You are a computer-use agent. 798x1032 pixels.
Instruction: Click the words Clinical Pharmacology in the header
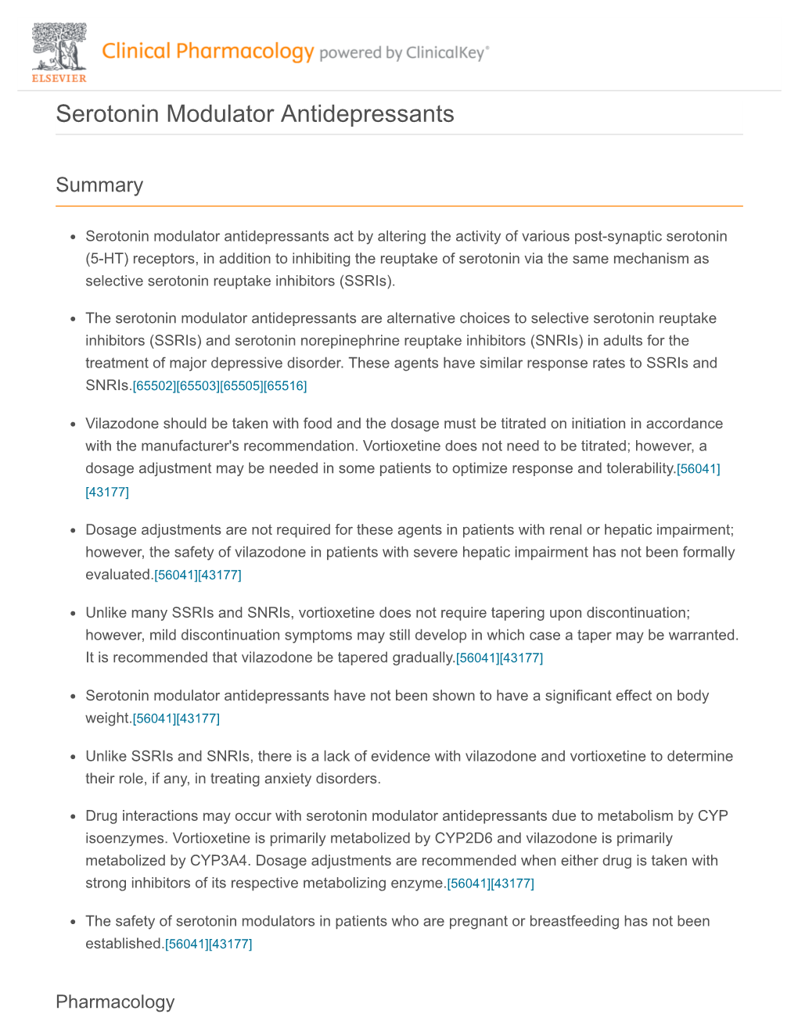tap(207, 52)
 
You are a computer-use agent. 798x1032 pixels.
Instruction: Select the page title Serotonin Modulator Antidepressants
tap(255, 114)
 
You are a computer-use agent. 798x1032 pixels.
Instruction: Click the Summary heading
tap(99, 185)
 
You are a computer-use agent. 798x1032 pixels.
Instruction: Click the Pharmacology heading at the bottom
tap(115, 1002)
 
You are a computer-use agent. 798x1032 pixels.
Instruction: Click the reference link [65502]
tap(154, 386)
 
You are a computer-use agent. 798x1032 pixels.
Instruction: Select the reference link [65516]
tap(286, 386)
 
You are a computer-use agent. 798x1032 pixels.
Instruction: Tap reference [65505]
tap(242, 386)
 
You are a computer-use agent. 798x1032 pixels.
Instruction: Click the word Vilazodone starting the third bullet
tap(119, 424)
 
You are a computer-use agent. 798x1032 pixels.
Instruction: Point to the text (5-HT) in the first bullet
tap(106, 259)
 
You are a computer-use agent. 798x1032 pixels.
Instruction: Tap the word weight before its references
tap(107, 718)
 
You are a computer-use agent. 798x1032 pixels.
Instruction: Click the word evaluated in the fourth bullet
tap(118, 575)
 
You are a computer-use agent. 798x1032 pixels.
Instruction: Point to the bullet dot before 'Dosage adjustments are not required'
tap(72, 531)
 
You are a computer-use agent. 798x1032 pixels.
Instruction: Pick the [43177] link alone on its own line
tap(107, 493)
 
